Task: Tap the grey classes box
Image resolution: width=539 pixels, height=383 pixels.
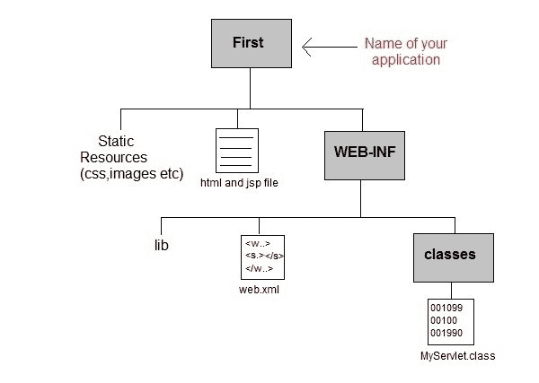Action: (x=449, y=254)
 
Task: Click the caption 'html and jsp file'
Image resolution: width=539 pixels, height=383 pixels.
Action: (x=238, y=182)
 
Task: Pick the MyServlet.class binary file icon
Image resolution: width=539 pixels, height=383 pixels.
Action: (x=451, y=320)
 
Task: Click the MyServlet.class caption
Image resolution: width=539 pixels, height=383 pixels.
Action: (x=457, y=356)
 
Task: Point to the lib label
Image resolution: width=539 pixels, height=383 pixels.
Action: (x=161, y=243)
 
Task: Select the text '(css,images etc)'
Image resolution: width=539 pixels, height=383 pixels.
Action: (x=131, y=173)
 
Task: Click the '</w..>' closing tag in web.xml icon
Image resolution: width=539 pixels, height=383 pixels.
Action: (x=259, y=268)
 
